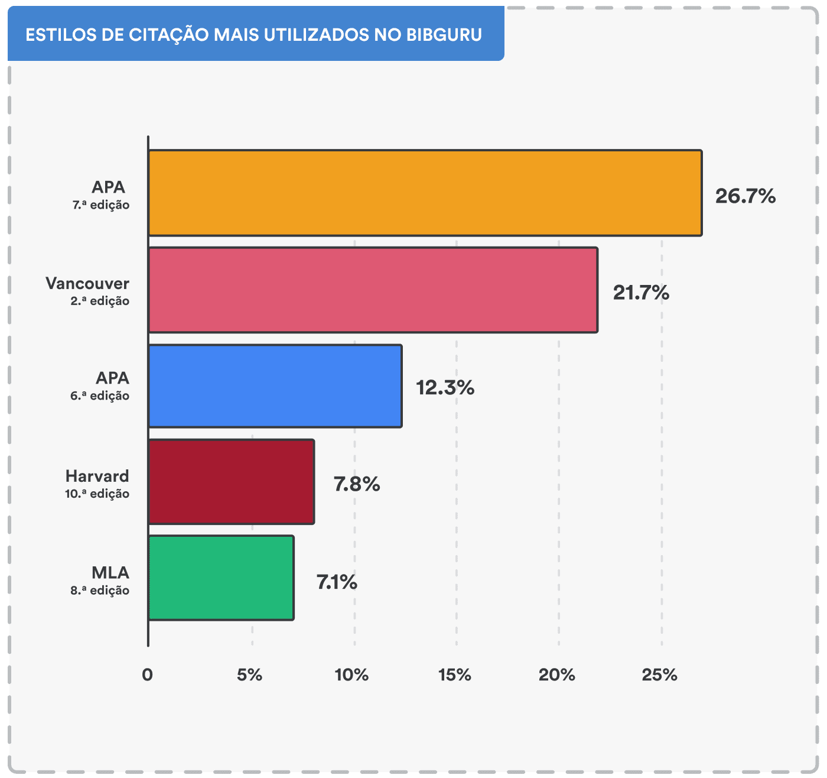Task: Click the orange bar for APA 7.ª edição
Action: (425, 193)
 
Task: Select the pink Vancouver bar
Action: (373, 290)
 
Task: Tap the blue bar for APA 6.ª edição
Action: (275, 385)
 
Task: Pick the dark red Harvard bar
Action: (231, 482)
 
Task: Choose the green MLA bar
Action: (221, 578)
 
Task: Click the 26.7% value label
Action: (745, 196)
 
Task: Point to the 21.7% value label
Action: (641, 292)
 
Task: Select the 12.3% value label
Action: (445, 388)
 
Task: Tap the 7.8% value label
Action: (357, 484)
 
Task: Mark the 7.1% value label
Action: (337, 582)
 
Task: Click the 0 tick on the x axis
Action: (147, 675)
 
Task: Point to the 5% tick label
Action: (249, 675)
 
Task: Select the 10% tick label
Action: (351, 675)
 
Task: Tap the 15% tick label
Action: (454, 675)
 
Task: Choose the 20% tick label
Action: (556, 675)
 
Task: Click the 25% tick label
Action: (659, 675)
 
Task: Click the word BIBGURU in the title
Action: (444, 35)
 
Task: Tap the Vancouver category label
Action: (87, 283)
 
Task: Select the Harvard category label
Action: (97, 476)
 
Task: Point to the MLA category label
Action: (110, 572)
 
